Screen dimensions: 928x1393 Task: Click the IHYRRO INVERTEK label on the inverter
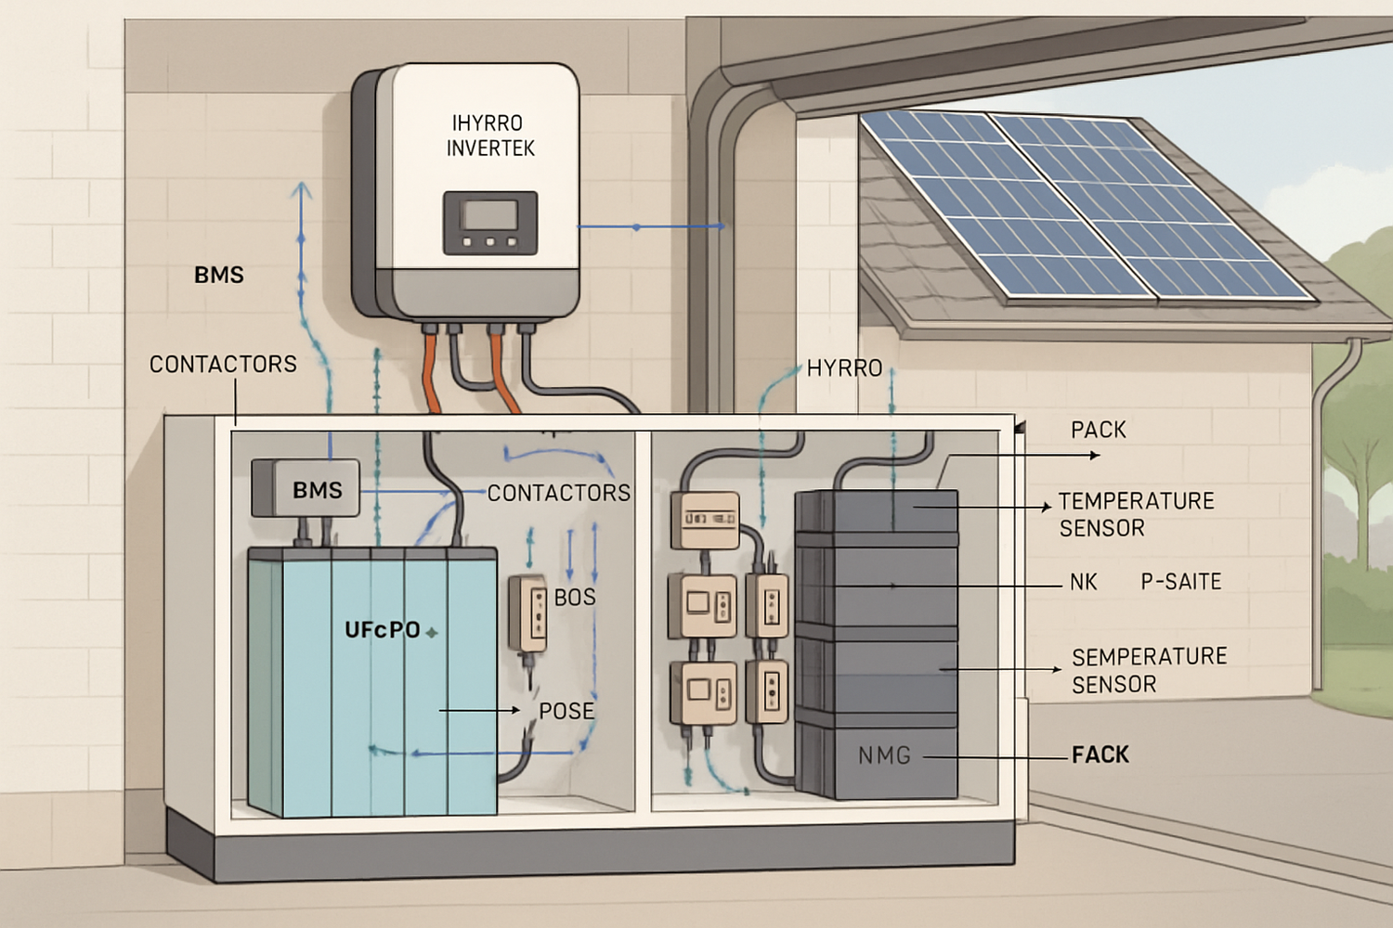(x=489, y=135)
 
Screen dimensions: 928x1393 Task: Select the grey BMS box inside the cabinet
(x=306, y=488)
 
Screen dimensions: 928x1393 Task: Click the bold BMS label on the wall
(x=219, y=275)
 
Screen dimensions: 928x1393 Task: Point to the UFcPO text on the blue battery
(x=383, y=630)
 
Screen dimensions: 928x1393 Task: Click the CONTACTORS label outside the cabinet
(x=223, y=364)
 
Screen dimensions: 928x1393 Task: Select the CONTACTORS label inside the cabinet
(x=558, y=493)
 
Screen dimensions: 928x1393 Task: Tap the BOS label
(x=575, y=598)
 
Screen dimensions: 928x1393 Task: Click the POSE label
(x=566, y=711)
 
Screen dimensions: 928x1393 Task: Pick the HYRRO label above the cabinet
(x=844, y=368)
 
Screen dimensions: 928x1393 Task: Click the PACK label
(x=1098, y=430)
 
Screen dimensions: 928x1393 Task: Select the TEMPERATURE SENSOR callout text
(x=1136, y=514)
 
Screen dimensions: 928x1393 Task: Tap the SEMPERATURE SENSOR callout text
(x=1149, y=670)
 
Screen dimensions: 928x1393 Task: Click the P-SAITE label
(x=1180, y=582)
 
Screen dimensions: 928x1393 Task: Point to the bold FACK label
(x=1100, y=754)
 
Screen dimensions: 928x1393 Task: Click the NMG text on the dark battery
(x=884, y=755)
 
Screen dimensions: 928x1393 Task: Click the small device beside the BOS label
(x=527, y=612)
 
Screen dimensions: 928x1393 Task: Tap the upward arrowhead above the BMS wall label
(x=301, y=192)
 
